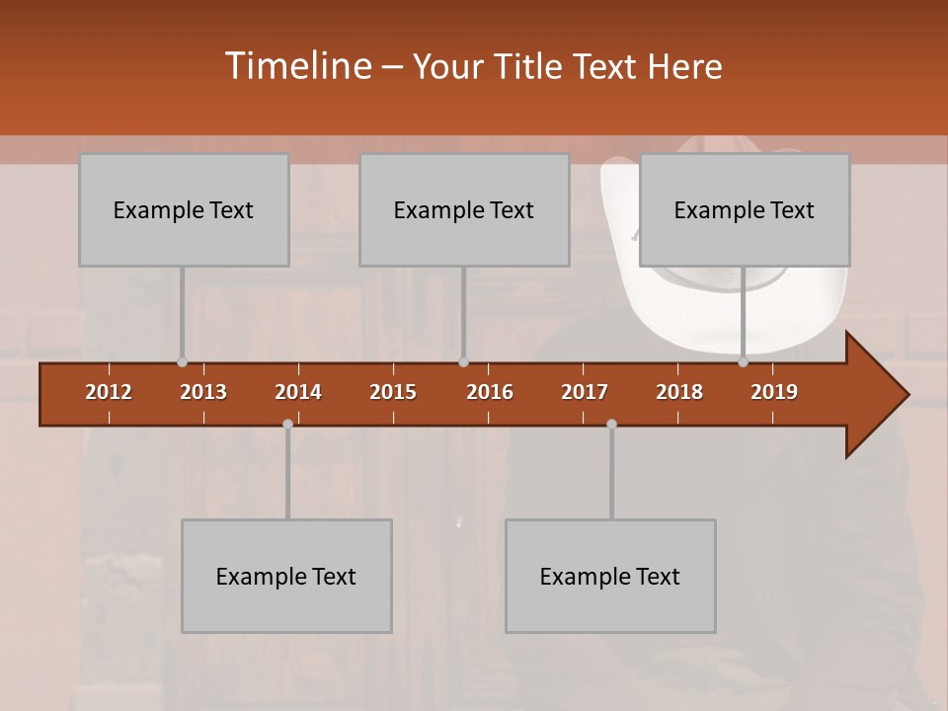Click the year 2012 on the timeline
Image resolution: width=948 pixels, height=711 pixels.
pos(109,392)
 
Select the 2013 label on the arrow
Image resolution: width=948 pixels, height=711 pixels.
pos(203,392)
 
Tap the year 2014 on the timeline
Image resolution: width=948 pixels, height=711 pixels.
pos(298,392)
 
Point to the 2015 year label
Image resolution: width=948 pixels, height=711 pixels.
pos(393,392)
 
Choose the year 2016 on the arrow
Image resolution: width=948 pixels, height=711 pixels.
pos(490,392)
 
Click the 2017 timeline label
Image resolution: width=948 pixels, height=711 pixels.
pos(585,392)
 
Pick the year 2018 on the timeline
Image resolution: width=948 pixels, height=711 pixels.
pos(679,392)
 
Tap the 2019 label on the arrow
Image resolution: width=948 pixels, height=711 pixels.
pos(774,392)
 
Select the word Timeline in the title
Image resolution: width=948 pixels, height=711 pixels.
pos(295,66)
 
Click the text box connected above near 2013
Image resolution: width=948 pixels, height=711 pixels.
pos(184,209)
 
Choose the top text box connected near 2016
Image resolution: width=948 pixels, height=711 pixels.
pos(464,209)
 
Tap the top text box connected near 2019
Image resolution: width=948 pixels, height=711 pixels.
pos(745,209)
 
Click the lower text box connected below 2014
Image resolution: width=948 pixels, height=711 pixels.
pos(286,576)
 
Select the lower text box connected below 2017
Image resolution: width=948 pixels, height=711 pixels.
pos(610,576)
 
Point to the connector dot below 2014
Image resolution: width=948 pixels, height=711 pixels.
pos(287,424)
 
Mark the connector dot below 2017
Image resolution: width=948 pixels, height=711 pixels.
pos(611,424)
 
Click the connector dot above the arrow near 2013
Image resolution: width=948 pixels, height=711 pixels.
pos(182,362)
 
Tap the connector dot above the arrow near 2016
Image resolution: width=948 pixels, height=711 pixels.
pos(463,362)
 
